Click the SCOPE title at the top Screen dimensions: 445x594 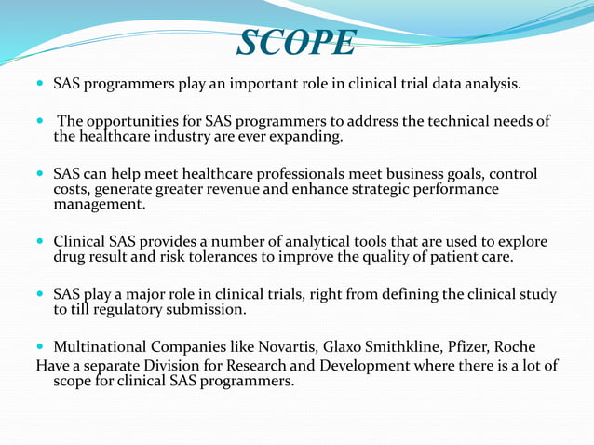(x=296, y=42)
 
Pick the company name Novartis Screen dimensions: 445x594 (x=280, y=348)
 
